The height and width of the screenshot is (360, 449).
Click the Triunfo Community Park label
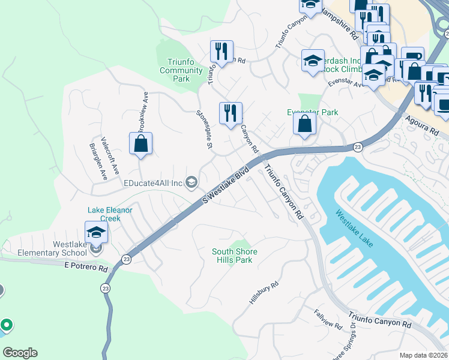coord(185,71)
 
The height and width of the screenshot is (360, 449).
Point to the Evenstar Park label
coord(312,112)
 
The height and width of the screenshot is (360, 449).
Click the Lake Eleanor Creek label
coord(110,214)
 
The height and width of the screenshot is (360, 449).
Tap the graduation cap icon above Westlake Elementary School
coord(96,232)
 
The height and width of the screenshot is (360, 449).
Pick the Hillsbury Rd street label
coord(264,293)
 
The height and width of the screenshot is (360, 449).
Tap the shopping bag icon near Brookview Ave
coord(140,144)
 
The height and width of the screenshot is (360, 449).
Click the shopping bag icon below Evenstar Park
coord(305,124)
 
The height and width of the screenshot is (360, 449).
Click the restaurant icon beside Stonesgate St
coord(231,113)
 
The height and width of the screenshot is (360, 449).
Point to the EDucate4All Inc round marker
coord(192,182)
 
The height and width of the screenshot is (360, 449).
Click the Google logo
coord(20,353)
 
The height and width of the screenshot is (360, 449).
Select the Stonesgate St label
coord(205,128)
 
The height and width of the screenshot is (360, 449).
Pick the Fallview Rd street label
coord(328,320)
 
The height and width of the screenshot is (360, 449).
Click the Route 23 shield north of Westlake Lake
coord(357,147)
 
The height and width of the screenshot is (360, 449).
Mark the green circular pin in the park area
coord(7,326)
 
